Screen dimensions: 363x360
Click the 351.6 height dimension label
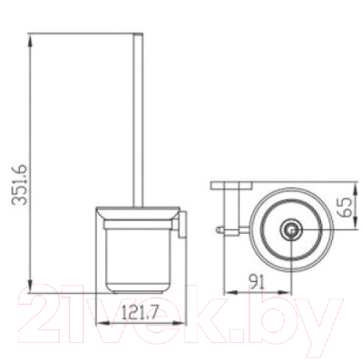(20, 185)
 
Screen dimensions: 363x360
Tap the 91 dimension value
(257, 282)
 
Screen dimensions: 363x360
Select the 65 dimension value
(345, 207)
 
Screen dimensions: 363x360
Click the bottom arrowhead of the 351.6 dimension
(30, 286)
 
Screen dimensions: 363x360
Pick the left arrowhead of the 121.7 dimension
(103, 323)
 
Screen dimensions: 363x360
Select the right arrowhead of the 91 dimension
(285, 292)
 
